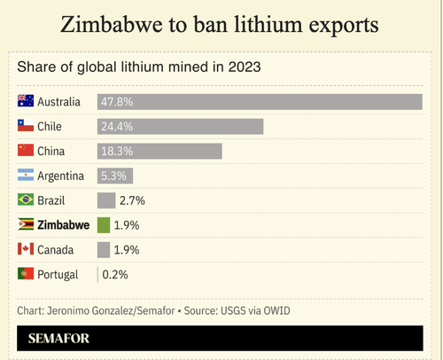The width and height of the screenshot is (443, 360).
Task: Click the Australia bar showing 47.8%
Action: pos(260,102)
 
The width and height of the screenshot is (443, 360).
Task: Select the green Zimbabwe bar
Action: pos(104,225)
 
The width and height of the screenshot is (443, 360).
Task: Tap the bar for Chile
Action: pos(180,127)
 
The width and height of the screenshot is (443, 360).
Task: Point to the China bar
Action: pos(159,152)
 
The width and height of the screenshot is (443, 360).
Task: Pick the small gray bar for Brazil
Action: pos(106,200)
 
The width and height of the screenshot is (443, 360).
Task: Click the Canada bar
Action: pos(104,250)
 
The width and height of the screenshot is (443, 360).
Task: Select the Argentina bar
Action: pos(115,176)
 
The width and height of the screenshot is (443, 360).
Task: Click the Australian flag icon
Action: pos(26,100)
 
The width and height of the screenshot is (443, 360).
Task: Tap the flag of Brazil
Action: pos(26,200)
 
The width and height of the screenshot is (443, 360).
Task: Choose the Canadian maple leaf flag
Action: pos(26,248)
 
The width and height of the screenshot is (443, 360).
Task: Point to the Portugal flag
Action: pos(26,273)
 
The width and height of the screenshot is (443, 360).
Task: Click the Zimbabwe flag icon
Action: pos(26,224)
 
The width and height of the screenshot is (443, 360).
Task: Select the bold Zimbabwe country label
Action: pos(64,225)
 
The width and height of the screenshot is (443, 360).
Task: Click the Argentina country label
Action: pos(61,176)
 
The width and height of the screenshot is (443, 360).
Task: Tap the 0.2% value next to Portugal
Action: pos(115,275)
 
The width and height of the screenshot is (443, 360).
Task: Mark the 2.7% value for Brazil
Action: pos(132,200)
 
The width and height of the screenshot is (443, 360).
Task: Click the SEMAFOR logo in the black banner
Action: pos(58,339)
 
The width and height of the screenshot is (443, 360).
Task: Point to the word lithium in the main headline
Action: pos(268,24)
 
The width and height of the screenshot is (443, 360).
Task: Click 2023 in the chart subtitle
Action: pos(245,67)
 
